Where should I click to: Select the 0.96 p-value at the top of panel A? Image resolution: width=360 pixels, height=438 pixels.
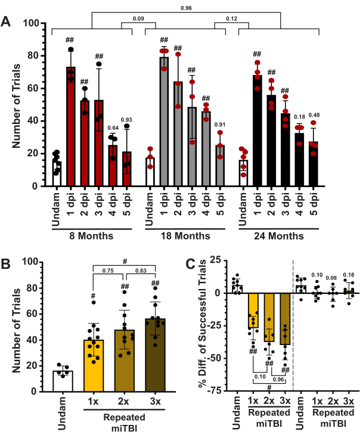coord(186,8)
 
